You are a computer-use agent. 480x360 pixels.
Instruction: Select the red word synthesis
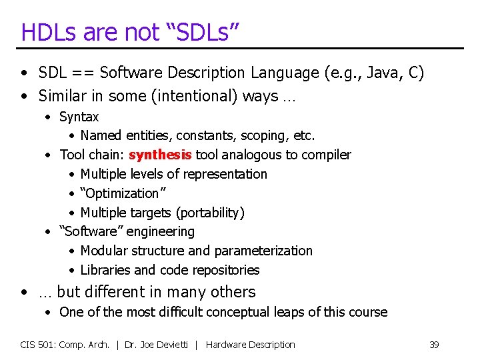pyautogui.click(x=160, y=155)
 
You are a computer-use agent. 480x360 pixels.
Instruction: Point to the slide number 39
pyautogui.click(x=434, y=345)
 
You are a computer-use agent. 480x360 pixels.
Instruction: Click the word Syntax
pyautogui.click(x=79, y=117)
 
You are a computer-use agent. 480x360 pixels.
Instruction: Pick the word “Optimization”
pyautogui.click(x=120, y=193)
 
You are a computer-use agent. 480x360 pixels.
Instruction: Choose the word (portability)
pyautogui.click(x=210, y=213)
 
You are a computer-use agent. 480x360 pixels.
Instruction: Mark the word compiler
pyautogui.click(x=326, y=155)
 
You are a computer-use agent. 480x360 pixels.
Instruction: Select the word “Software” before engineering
pyautogui.click(x=91, y=232)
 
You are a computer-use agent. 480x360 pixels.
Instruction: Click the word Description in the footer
pyautogui.click(x=269, y=345)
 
